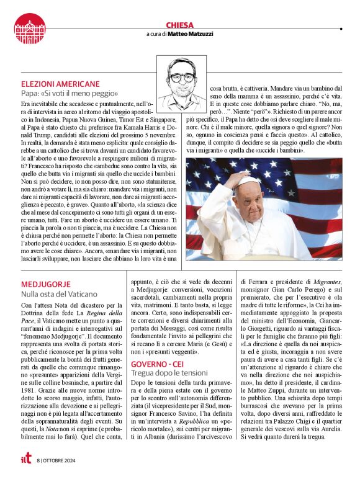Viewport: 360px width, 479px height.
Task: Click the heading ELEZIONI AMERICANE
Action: pyautogui.click(x=60, y=83)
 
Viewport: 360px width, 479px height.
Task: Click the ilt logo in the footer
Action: pyautogui.click(x=21, y=460)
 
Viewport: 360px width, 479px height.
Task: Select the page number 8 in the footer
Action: pyautogui.click(x=38, y=460)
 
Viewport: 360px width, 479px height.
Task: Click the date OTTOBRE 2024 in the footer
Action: pyautogui.click(x=60, y=460)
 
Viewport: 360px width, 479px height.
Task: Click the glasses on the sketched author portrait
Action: pyautogui.click(x=181, y=78)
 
